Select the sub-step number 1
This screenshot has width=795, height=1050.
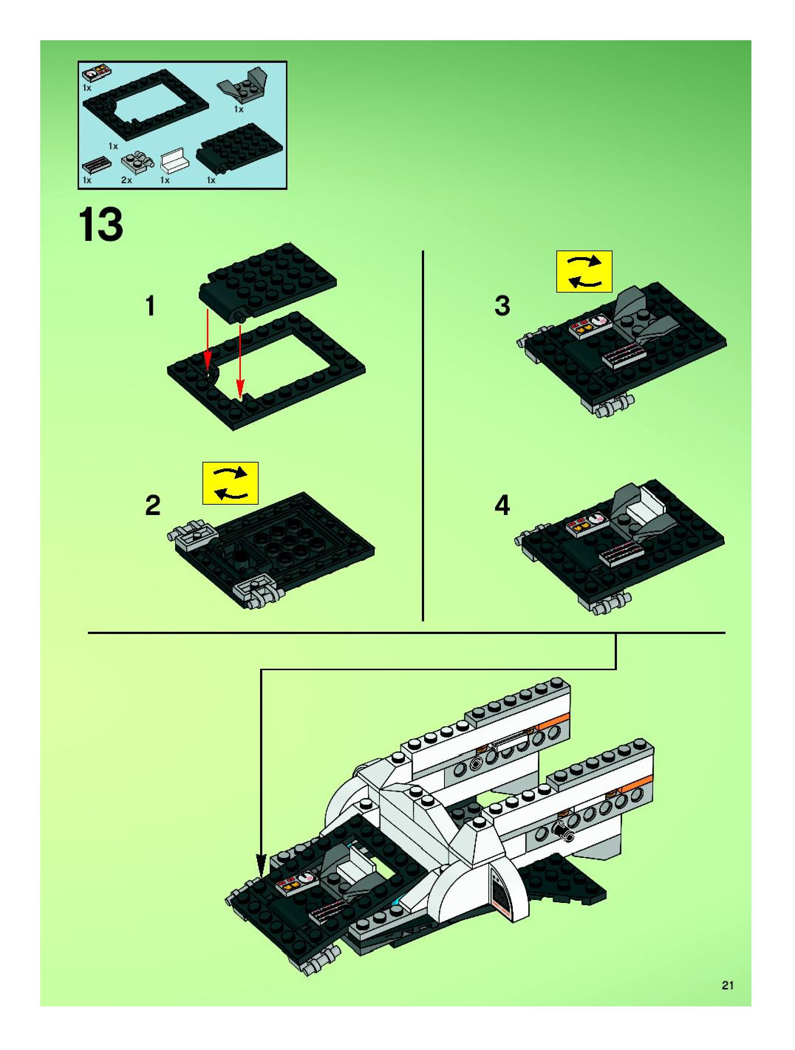pyautogui.click(x=150, y=306)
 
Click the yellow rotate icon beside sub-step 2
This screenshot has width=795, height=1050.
pyautogui.click(x=230, y=483)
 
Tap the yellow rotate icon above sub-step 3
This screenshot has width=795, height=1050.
pyautogui.click(x=584, y=272)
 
